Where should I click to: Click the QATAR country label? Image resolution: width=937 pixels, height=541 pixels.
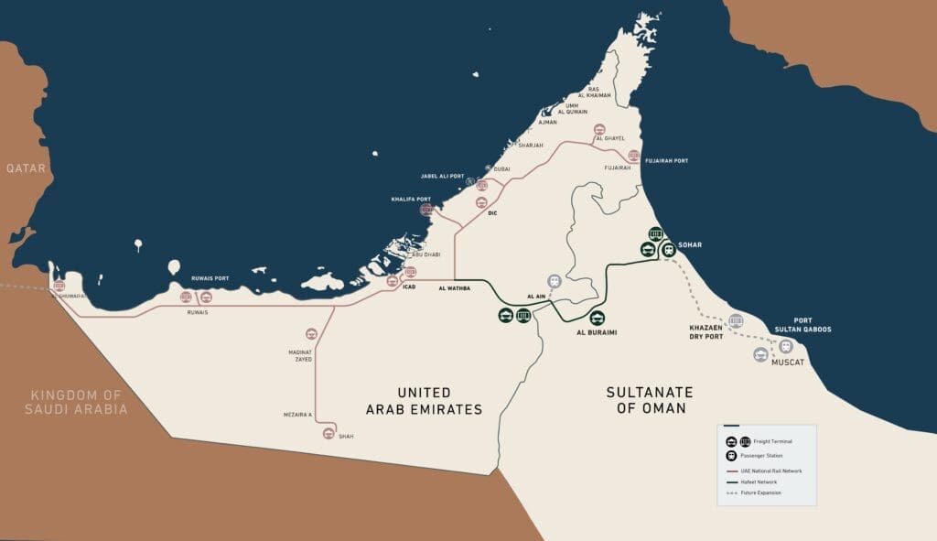coord(25,168)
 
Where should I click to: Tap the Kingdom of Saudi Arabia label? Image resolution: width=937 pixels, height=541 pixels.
coord(76,401)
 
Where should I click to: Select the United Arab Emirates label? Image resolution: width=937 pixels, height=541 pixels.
coord(424,401)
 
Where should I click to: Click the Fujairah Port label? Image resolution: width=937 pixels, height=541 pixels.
coord(666,161)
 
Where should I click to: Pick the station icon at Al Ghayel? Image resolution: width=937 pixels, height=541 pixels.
coord(599,129)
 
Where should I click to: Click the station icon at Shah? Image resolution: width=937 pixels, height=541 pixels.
coord(328,433)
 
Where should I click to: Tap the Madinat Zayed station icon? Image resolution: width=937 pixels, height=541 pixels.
coord(311,334)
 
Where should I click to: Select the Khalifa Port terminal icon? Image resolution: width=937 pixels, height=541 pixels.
coord(425,210)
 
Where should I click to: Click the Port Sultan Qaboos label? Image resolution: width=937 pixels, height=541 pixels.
coord(813,325)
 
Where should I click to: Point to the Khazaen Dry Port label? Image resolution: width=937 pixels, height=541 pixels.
coord(705,331)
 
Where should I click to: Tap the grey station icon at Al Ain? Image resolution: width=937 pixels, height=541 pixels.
coord(554,281)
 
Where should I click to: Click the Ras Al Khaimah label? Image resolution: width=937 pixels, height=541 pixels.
coord(594,92)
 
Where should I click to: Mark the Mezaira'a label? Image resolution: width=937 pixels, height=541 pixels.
coord(297,415)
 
